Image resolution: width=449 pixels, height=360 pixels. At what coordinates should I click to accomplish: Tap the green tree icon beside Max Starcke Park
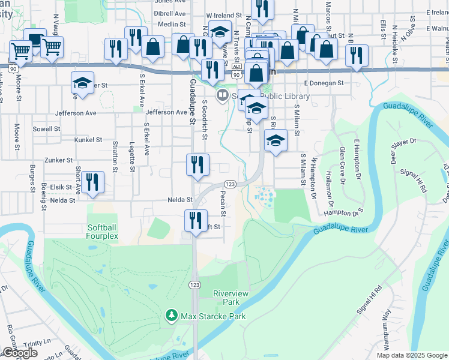[x=172, y=315]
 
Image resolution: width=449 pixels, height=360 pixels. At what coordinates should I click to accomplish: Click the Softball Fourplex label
[x=106, y=232]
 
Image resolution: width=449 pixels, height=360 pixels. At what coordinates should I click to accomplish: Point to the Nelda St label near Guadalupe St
[x=179, y=200]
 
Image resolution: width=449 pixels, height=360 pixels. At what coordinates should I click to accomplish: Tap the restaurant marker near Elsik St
[x=92, y=182]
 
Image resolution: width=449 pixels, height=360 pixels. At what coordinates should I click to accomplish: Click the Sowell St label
[x=47, y=128]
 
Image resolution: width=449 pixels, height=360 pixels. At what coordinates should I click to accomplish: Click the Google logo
[x=20, y=353]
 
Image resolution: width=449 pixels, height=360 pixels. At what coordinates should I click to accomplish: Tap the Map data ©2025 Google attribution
[x=412, y=355]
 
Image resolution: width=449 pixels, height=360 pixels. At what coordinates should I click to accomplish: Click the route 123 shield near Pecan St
[x=229, y=184]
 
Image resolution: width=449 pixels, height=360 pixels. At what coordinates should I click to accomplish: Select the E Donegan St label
[x=323, y=83]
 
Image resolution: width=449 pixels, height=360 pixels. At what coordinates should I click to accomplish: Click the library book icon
[x=223, y=95]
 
